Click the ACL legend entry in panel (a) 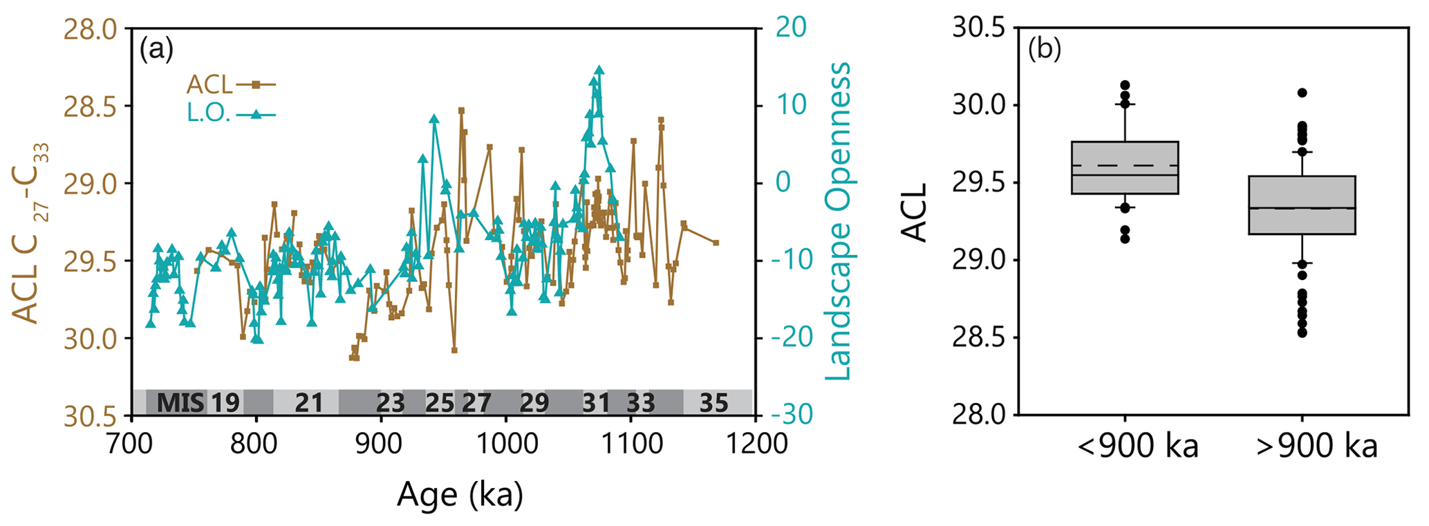tap(231, 85)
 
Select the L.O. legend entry tap(231, 114)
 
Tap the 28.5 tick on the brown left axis tap(90, 106)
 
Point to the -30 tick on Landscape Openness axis tap(788, 415)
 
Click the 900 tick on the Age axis tap(381, 443)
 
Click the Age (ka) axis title tap(460, 495)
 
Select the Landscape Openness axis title tap(838, 221)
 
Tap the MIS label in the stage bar tap(181, 402)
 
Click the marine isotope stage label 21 tap(309, 402)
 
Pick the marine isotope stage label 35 tap(714, 402)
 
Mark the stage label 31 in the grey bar tap(596, 402)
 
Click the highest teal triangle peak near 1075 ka tap(599, 71)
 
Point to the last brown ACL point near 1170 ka tap(716, 243)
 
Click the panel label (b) tap(1044, 50)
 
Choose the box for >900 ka tap(1302, 205)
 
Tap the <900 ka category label tap(1137, 447)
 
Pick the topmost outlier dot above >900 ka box tap(1302, 93)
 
